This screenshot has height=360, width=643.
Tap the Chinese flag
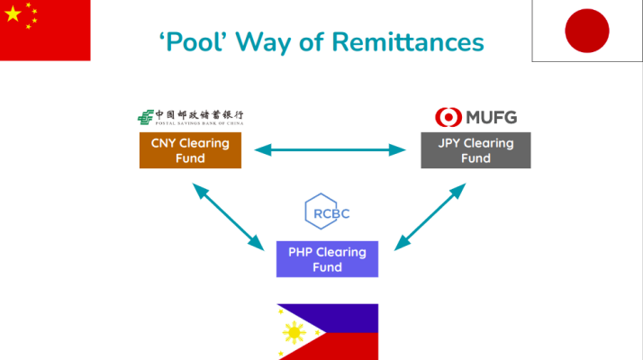click(x=45, y=30)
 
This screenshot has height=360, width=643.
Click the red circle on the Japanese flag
click(x=587, y=31)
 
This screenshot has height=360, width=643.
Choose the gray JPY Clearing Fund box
click(x=475, y=150)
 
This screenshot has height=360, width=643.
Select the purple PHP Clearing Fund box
click(x=327, y=259)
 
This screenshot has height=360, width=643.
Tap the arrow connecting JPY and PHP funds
click(x=430, y=216)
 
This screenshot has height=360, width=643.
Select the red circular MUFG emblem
click(x=448, y=117)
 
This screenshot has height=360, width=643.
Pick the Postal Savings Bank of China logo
click(x=190, y=117)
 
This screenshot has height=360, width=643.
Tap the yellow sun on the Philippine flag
click(x=294, y=333)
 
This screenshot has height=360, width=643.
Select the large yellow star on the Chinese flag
click(x=14, y=14)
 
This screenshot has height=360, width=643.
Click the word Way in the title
click(x=272, y=41)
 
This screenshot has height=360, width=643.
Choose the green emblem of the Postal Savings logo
click(x=144, y=117)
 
